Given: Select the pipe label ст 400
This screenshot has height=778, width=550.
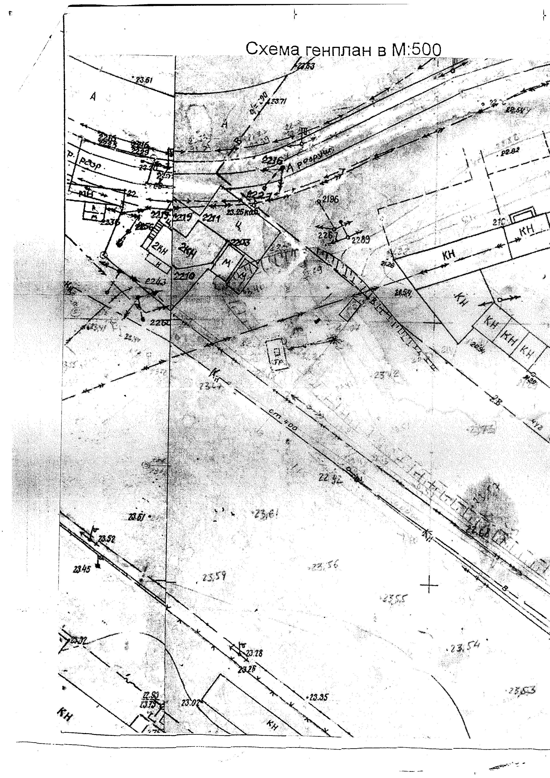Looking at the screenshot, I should click(288, 420).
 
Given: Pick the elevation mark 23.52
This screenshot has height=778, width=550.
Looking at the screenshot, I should click(106, 539).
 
